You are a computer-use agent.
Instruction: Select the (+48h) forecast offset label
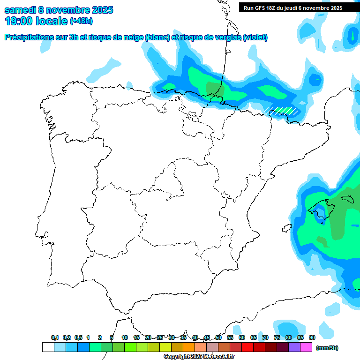tap(81, 21)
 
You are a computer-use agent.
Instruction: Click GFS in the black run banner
tap(259, 8)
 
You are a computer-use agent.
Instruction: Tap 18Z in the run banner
tap(272, 8)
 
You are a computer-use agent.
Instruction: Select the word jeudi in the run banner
tap(296, 8)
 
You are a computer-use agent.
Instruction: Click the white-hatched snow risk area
tap(282, 111)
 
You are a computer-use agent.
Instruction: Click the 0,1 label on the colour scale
tap(55, 337)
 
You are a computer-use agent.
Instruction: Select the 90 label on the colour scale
tap(312, 337)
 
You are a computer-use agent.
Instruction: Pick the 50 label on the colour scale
tap(218, 337)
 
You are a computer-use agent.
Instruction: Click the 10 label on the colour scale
tap(125, 337)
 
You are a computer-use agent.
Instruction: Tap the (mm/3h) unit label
tap(327, 348)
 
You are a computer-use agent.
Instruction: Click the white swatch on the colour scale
tap(48, 347)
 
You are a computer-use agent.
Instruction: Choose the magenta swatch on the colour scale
tap(306, 347)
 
